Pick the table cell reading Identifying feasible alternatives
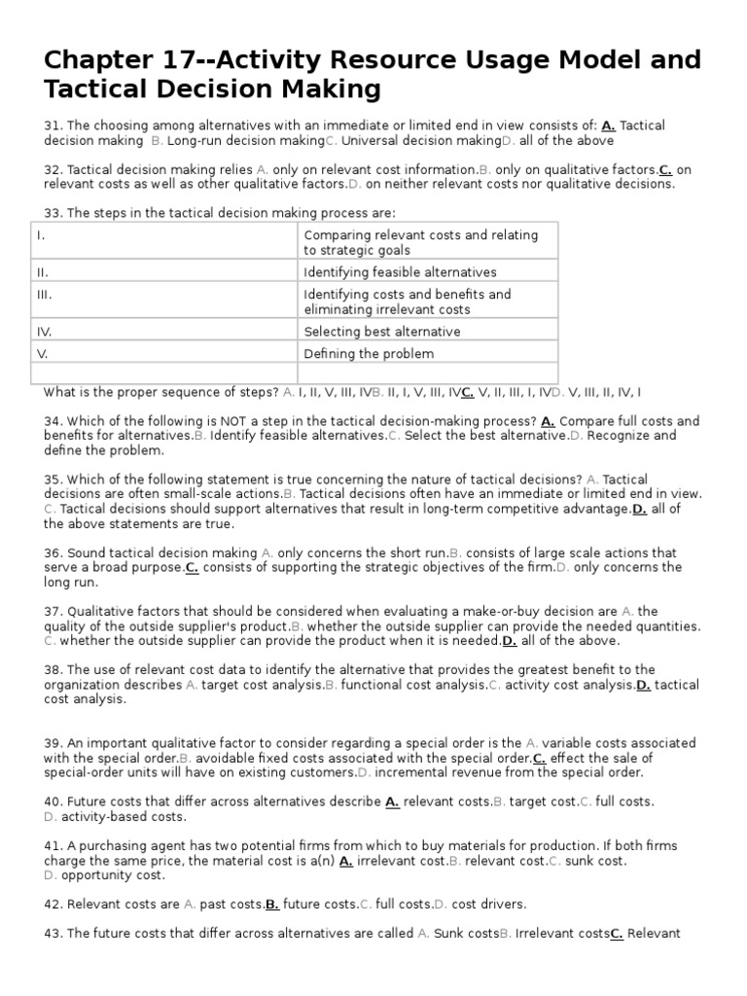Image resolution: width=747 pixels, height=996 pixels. pos(400,272)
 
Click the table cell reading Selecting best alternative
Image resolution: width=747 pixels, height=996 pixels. pos(381,332)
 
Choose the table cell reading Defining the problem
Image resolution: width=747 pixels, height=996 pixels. pos(369,354)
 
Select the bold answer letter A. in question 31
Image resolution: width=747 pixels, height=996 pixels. pos(608,125)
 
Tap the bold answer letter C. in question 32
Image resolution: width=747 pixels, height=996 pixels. pos(665,169)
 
